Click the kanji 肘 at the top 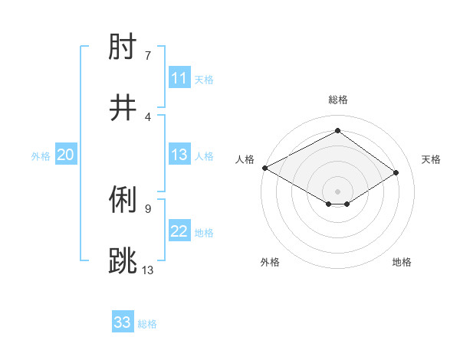coord(123,49)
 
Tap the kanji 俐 coord(123,201)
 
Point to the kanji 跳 coord(123,260)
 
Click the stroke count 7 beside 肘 coord(148,56)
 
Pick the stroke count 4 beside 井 coord(148,117)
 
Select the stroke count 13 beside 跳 coord(148,269)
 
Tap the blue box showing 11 coord(179,78)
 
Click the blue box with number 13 coord(179,155)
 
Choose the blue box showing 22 coord(179,231)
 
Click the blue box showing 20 coord(65,155)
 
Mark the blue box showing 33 coord(123,322)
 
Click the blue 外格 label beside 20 coord(41,156)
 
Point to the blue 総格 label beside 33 coord(147,324)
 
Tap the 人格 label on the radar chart coord(245,159)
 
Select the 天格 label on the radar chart coord(431,159)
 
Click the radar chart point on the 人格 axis coord(264,168)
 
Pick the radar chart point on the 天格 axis coord(396,173)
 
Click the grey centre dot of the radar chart coord(337,191)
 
